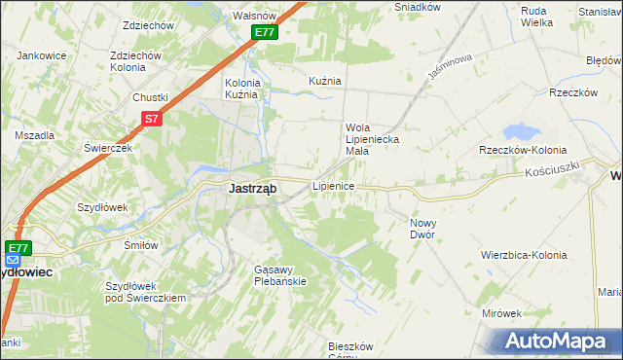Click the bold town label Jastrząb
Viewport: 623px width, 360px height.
[250, 189]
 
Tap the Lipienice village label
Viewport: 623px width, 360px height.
[332, 185]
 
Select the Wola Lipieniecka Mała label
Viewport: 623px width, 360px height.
[371, 133]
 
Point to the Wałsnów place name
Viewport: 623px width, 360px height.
[257, 16]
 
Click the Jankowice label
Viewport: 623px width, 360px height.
[41, 55]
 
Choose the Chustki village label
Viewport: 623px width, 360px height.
[151, 97]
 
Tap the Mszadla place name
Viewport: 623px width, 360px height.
[34, 135]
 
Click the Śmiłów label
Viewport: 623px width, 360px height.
[141, 245]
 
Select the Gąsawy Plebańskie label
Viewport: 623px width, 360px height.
[279, 274]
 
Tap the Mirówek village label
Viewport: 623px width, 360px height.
[501, 313]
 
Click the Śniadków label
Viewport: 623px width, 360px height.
[417, 7]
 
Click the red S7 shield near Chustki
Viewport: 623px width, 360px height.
[150, 119]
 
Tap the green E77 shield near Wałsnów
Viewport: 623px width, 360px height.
[266, 32]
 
